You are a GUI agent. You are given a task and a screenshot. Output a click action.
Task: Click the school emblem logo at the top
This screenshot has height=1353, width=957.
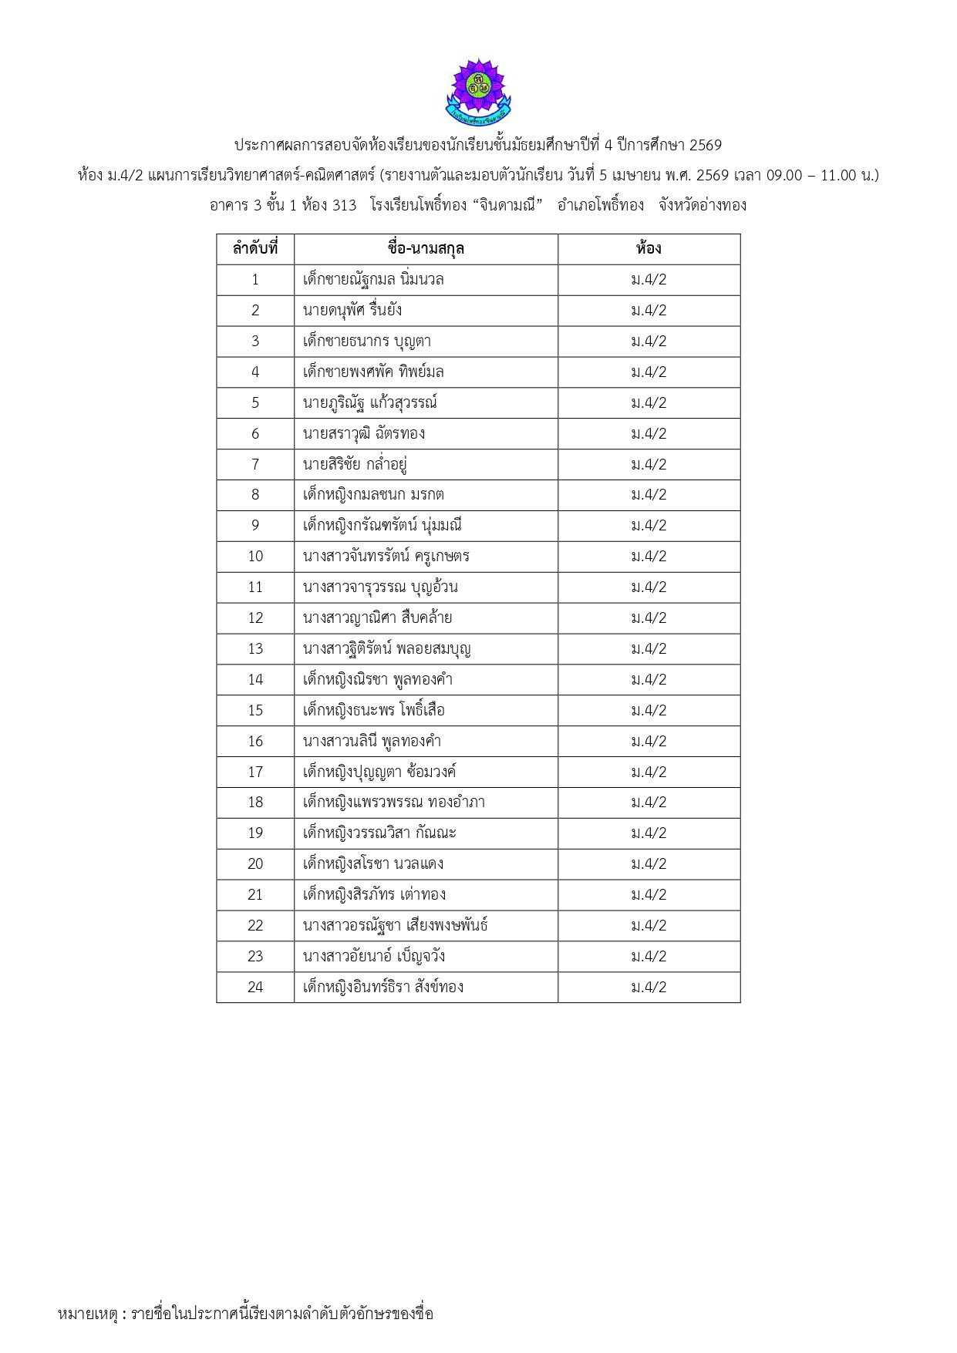[478, 92]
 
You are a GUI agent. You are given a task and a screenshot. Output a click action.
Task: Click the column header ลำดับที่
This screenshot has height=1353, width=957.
[255, 249]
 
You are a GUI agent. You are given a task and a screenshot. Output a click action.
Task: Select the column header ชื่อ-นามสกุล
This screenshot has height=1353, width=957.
[426, 249]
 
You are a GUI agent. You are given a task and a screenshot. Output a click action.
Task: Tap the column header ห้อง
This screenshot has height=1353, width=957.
[649, 249]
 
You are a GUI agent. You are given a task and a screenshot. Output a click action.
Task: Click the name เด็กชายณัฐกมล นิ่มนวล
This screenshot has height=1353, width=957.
[373, 280]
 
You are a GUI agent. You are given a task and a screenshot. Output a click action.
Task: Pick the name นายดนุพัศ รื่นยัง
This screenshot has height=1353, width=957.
[352, 311]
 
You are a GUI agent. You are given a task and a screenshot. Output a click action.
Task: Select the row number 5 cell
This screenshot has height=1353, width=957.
[255, 402]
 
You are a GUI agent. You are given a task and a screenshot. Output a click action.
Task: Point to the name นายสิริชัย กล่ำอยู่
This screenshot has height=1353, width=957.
[355, 464]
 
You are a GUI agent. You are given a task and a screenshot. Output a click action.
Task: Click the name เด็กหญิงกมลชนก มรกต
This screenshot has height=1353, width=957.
[373, 495]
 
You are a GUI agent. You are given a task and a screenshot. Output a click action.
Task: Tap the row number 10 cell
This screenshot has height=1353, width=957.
[255, 557]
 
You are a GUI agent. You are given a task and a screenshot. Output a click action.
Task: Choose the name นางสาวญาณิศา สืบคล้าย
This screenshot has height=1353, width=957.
[378, 618]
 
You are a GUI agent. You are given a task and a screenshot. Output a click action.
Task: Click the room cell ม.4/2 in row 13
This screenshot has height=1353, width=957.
[649, 648]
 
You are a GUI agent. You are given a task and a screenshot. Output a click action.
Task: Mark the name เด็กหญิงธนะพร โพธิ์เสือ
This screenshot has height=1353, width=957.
[374, 710]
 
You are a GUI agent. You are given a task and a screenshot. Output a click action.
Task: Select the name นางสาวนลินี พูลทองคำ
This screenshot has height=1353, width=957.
[372, 741]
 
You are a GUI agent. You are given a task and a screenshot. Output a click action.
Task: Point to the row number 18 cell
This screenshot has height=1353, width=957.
[255, 803]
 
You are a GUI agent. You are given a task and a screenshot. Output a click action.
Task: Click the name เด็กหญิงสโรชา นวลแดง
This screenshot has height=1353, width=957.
[373, 864]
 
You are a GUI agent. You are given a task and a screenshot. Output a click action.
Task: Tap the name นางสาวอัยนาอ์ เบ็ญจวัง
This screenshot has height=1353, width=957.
[374, 957]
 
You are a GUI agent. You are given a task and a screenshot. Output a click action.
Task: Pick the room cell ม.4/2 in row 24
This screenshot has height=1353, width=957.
[649, 988]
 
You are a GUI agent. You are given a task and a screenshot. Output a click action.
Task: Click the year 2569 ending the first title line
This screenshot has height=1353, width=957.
[704, 145]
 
